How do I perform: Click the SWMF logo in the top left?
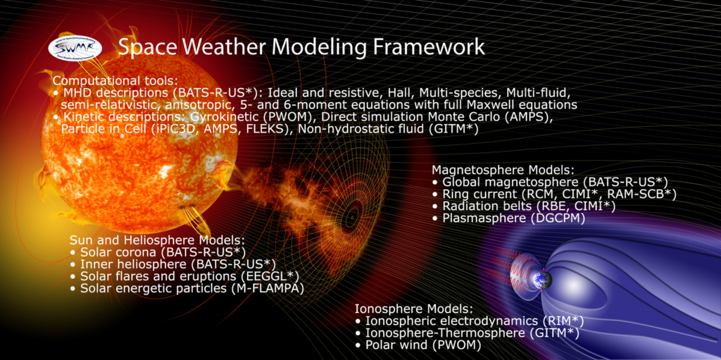(x=75, y=47)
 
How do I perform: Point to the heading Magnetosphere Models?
(x=503, y=170)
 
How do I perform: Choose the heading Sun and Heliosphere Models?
(x=157, y=240)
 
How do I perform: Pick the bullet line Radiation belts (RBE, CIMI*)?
(x=524, y=206)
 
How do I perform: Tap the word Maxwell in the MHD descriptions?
(x=496, y=104)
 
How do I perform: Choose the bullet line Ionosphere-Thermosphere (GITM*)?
(x=466, y=333)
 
